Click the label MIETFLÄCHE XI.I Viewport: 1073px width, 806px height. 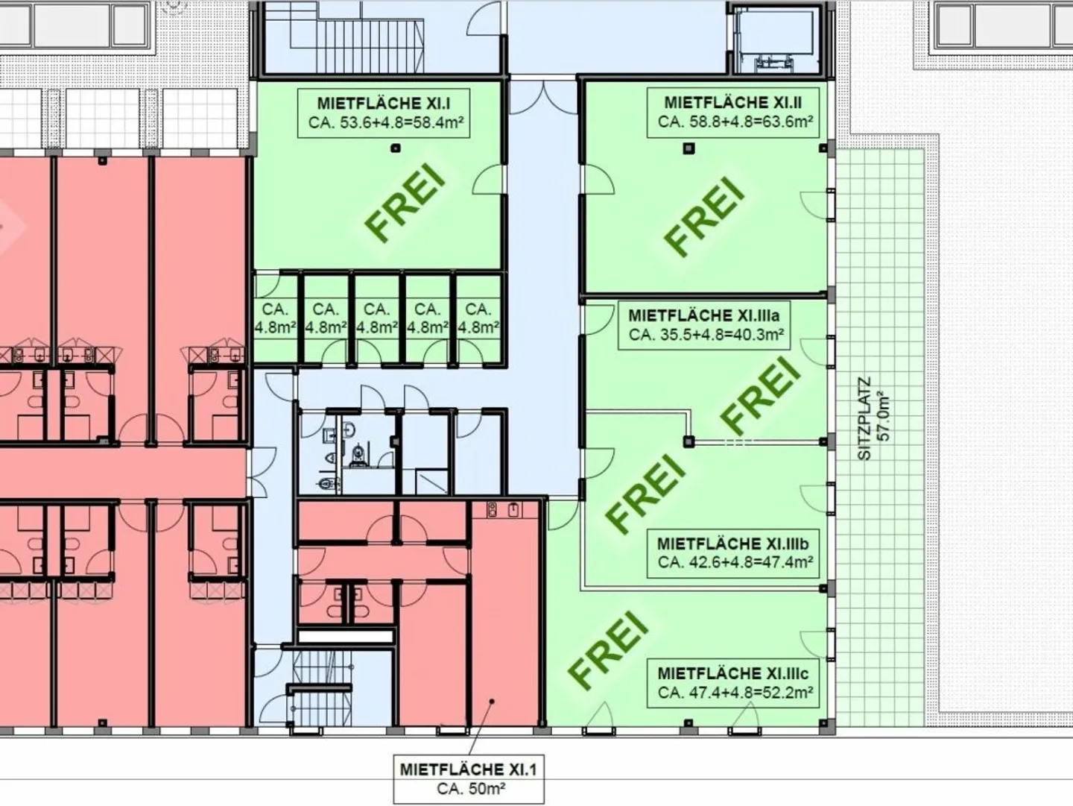click(x=384, y=104)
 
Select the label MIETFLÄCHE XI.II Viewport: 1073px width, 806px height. click(x=732, y=102)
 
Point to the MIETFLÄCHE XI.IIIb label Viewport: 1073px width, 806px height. click(x=734, y=544)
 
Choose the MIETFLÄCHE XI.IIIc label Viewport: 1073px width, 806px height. click(x=732, y=673)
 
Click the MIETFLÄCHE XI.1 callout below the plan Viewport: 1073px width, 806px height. click(x=468, y=769)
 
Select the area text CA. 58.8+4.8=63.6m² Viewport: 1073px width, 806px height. click(x=735, y=122)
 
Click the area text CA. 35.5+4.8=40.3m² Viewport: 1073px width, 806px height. click(x=706, y=336)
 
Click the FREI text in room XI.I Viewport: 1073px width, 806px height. click(x=408, y=204)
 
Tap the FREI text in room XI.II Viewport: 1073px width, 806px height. click(x=706, y=215)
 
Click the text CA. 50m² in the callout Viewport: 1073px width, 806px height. click(x=468, y=789)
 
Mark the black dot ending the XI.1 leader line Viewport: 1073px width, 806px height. click(x=491, y=702)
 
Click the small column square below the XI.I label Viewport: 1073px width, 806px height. click(x=396, y=148)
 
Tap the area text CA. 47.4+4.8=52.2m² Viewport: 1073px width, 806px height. click(x=734, y=693)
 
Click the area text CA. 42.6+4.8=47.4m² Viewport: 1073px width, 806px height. click(x=735, y=563)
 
